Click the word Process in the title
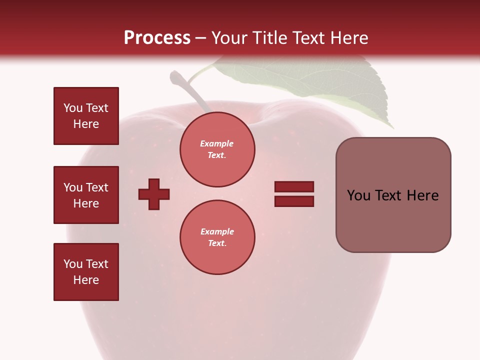tap(157, 38)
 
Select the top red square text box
tap(86, 116)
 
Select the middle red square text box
tap(86, 195)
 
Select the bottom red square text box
tap(86, 272)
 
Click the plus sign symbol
tap(154, 194)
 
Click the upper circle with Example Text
tap(217, 149)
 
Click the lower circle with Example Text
tap(217, 237)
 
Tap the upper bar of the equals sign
tap(294, 186)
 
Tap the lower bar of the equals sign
tap(294, 201)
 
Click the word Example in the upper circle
tap(217, 143)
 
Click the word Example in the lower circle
tap(217, 231)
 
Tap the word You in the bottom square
tap(72, 264)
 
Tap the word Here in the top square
tap(86, 124)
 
